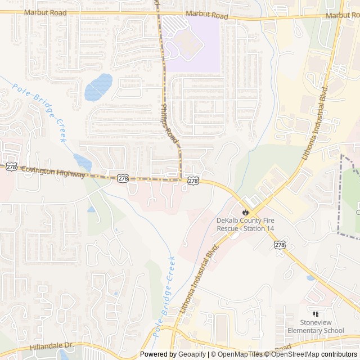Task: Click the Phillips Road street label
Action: click(169, 123)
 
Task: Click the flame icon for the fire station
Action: click(245, 212)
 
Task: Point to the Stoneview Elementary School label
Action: click(314, 326)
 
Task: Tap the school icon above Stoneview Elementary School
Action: click(314, 314)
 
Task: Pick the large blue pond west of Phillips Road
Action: click(98, 87)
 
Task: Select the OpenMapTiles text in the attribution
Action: click(239, 354)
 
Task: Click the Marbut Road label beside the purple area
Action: click(206, 16)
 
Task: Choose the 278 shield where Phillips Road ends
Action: click(193, 181)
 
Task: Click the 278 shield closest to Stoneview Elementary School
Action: click(280, 245)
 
